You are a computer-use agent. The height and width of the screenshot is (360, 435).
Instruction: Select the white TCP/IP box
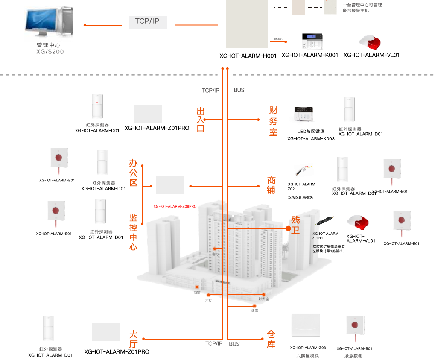(x=147, y=22)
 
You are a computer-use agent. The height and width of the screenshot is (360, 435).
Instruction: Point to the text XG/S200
(x=50, y=51)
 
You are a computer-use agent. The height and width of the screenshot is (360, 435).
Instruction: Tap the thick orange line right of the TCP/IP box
(x=196, y=25)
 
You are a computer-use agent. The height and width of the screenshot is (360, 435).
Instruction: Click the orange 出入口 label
(x=200, y=120)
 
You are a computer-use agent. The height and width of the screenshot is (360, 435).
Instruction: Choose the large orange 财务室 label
(x=273, y=121)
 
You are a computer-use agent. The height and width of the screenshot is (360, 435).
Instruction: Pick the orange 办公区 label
(x=133, y=173)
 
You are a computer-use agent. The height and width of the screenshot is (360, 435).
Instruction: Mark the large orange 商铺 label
(x=271, y=185)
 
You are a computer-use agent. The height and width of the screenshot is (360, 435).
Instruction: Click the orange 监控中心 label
(x=133, y=232)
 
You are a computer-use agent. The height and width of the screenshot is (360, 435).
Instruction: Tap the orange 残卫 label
(x=295, y=225)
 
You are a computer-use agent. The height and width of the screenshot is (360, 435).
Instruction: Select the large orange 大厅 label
(x=133, y=339)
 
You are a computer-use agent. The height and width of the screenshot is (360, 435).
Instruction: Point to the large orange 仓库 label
(x=271, y=339)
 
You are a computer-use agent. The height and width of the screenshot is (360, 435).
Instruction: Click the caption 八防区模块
(x=307, y=356)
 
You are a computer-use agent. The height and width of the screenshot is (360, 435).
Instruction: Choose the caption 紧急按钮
(x=353, y=356)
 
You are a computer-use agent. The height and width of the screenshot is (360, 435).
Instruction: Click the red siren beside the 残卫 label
(x=358, y=222)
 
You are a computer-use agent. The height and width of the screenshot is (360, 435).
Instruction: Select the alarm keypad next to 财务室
(x=304, y=114)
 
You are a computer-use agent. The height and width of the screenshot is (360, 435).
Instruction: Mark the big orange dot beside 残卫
(x=288, y=229)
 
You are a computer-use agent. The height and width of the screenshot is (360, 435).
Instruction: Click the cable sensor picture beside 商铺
(x=304, y=169)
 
